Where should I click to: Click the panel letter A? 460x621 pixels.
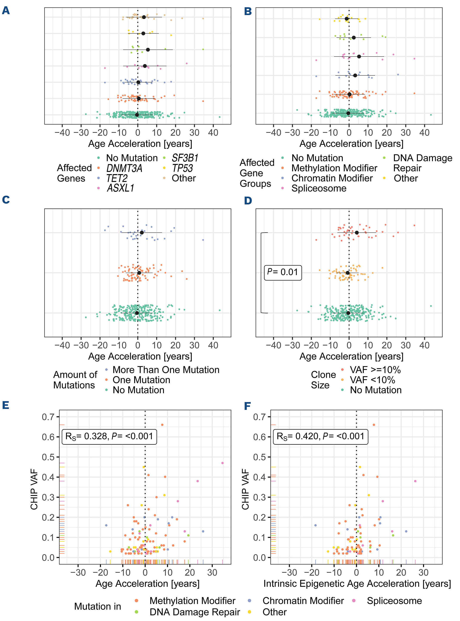pyautogui.click(x=6, y=11)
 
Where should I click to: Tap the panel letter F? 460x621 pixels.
pyautogui.click(x=247, y=406)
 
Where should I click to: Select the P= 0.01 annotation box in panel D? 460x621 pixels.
pyautogui.click(x=283, y=272)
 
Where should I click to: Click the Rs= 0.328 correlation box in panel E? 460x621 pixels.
pyautogui.click(x=109, y=436)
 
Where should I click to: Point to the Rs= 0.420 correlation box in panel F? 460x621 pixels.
pyautogui.click(x=320, y=436)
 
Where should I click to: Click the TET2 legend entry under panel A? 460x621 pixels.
pyautogui.click(x=117, y=178)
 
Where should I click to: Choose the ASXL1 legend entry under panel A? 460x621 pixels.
pyautogui.click(x=120, y=188)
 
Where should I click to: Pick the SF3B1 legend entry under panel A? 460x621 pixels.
pyautogui.click(x=185, y=158)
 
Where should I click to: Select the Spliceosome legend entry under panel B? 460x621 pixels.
pyautogui.click(x=319, y=188)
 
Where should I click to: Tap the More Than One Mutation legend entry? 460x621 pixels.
pyautogui.click(x=166, y=370)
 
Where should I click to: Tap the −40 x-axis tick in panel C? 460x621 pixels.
pyautogui.click(x=62, y=345)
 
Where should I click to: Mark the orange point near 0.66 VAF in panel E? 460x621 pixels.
pyautogui.click(x=162, y=425)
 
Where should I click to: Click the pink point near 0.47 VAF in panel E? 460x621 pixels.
pyautogui.click(x=222, y=463)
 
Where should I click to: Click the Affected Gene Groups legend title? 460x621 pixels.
pyautogui.click(x=257, y=173)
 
